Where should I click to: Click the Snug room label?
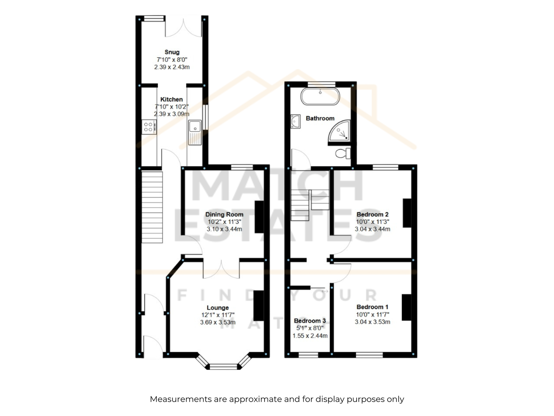coord(172,52)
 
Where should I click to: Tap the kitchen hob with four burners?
coord(149,127)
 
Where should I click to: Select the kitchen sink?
coord(195,132)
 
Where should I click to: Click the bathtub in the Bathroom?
coord(320,96)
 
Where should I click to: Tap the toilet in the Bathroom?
coord(343,153)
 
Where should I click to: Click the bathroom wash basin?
coord(295,121)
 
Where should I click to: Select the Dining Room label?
coord(224,215)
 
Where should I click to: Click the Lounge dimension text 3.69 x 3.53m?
coord(217,322)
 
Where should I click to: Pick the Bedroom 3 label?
coord(310,321)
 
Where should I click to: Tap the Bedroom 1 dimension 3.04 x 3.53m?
coord(372,322)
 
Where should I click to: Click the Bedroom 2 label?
coord(372,215)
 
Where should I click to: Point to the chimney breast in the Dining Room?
coord(259,217)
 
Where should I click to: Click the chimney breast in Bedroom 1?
coord(406,307)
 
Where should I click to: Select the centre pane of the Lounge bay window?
coord(223,367)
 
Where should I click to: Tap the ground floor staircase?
coord(152,207)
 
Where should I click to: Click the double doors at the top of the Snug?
coord(184,27)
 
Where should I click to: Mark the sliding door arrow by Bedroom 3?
coord(325,291)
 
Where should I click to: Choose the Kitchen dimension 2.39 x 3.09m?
coord(172,114)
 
